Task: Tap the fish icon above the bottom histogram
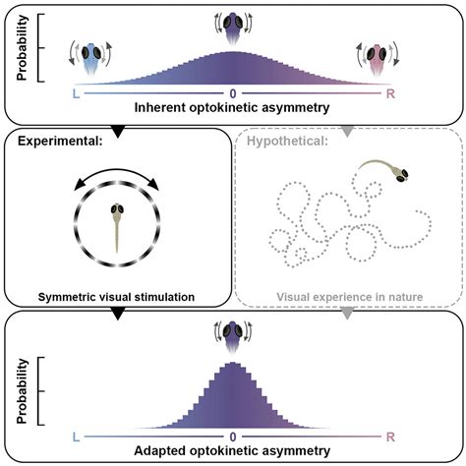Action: tap(233, 335)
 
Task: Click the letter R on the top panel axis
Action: tap(390, 95)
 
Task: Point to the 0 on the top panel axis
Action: tap(233, 95)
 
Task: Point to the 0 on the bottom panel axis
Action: tap(233, 435)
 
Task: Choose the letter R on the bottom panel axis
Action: tap(390, 435)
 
